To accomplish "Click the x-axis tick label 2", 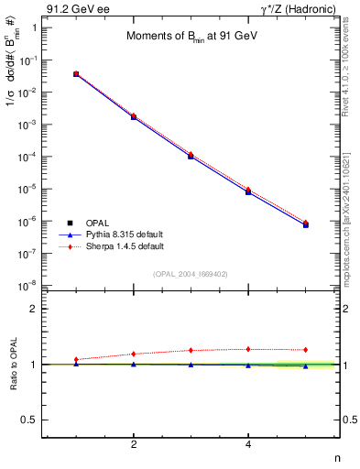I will coord(134,445).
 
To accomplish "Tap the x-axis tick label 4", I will coord(248,445).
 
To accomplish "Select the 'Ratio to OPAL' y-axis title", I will coord(13,365).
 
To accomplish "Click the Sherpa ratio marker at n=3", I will coord(191,350).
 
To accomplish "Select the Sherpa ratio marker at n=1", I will coord(76,359).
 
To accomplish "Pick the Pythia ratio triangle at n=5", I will coord(305,366).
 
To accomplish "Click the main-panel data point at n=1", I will coord(76,74).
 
